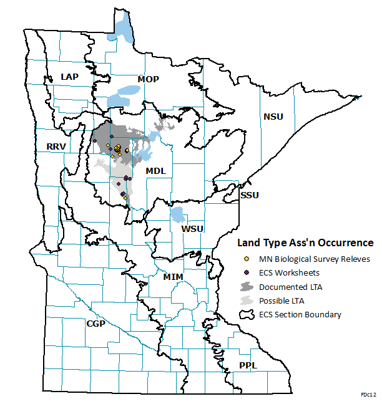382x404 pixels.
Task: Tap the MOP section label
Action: point(149,80)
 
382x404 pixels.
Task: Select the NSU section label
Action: point(273,117)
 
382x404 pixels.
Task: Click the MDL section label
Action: point(155,171)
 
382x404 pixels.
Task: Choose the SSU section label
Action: point(250,195)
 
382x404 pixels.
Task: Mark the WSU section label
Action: point(192,229)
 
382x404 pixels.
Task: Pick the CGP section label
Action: point(95,324)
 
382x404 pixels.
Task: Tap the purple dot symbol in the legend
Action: point(247,272)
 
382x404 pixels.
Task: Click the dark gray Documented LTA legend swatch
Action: point(247,286)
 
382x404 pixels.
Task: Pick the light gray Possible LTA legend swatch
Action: point(247,301)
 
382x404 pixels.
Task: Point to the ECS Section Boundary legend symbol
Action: point(247,314)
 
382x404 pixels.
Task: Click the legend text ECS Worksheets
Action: point(290,272)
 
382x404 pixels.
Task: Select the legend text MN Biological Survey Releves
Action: point(315,259)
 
